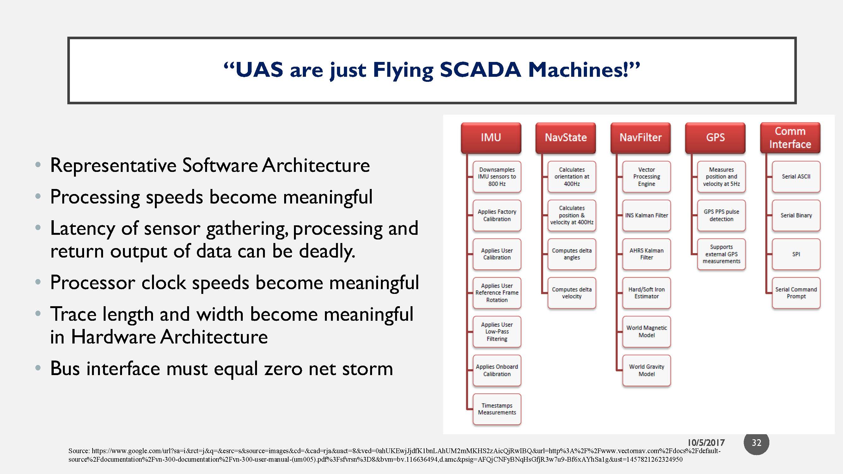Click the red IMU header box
(491, 137)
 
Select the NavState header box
(565, 137)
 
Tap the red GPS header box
(715, 137)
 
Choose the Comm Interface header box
(790, 137)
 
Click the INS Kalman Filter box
(646, 215)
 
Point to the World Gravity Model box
(646, 370)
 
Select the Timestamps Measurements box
(497, 409)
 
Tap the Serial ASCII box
(796, 176)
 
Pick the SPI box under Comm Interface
(796, 254)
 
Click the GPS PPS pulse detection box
(721, 215)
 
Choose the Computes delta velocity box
(572, 293)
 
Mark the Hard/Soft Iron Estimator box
(646, 293)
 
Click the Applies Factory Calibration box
(497, 215)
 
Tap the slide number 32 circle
(756, 443)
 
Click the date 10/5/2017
(706, 443)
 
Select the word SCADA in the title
(480, 70)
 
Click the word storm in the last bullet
(367, 369)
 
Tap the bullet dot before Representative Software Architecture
(38, 165)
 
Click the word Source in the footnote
(78, 451)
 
